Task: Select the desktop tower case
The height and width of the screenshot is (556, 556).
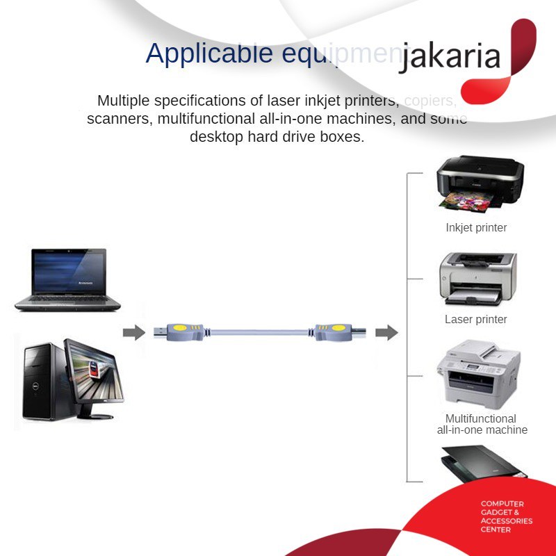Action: click(x=43, y=381)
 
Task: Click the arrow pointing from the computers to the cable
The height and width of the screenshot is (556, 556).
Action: click(x=133, y=333)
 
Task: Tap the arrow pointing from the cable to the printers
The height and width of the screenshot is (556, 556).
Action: click(x=386, y=333)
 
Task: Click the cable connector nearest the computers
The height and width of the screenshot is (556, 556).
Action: click(x=179, y=330)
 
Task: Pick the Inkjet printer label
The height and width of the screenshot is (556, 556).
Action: click(x=476, y=227)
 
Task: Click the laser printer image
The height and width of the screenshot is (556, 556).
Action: click(x=477, y=278)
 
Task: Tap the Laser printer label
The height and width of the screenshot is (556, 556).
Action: click(x=476, y=320)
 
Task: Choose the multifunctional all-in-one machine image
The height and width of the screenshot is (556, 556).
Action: click(x=478, y=375)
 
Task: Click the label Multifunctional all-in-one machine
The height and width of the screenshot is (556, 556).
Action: click(x=482, y=424)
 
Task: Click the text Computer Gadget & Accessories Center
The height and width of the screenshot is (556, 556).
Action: click(x=506, y=516)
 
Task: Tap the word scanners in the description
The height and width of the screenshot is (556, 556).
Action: click(x=119, y=119)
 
